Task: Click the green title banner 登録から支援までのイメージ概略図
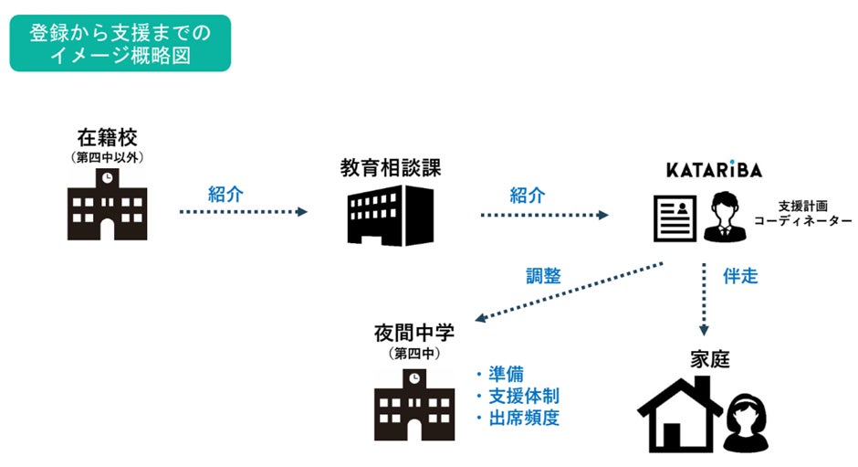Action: tap(120, 43)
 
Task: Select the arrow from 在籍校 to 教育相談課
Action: tap(243, 212)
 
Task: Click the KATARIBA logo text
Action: tap(713, 170)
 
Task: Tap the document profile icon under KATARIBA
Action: tap(675, 217)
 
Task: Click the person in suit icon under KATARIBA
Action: tap(726, 217)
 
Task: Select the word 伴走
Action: tap(740, 275)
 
